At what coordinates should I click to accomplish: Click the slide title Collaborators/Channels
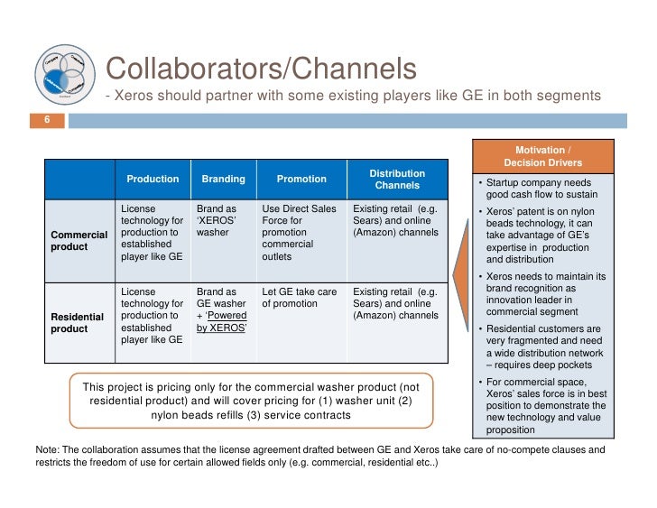point(261,69)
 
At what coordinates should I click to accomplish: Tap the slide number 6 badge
point(48,120)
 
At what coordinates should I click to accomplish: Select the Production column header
point(153,179)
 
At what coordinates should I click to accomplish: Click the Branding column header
point(223,179)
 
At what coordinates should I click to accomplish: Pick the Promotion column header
point(301,179)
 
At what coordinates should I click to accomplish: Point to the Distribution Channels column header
point(397,179)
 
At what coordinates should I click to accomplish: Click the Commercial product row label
point(76,243)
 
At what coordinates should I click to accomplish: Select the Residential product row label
point(76,323)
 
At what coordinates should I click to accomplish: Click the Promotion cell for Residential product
point(299,298)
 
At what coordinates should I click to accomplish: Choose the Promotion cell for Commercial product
point(299,232)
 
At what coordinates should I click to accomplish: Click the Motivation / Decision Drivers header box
point(542,156)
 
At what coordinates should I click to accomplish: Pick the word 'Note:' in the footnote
point(47,448)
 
